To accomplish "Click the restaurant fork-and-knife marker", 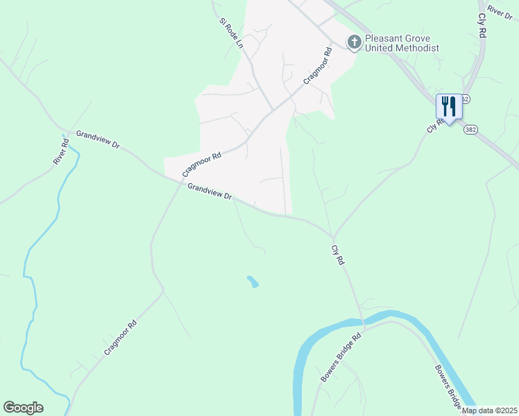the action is pyautogui.click(x=448, y=107).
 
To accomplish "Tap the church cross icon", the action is pyautogui.click(x=354, y=42).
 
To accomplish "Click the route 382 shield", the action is pyautogui.click(x=471, y=130).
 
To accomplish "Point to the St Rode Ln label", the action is pyautogui.click(x=232, y=33).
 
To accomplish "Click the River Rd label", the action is pyautogui.click(x=61, y=152).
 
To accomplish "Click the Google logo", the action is pyautogui.click(x=23, y=408).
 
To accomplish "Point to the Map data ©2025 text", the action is pyautogui.click(x=489, y=410).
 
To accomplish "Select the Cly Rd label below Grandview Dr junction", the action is pyautogui.click(x=339, y=256).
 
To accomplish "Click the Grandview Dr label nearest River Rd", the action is pyautogui.click(x=98, y=139).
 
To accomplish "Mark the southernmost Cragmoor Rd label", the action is pyautogui.click(x=120, y=338).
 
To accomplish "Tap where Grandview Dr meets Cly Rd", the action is pyautogui.click(x=332, y=236).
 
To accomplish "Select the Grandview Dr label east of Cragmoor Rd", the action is pyautogui.click(x=210, y=191).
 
